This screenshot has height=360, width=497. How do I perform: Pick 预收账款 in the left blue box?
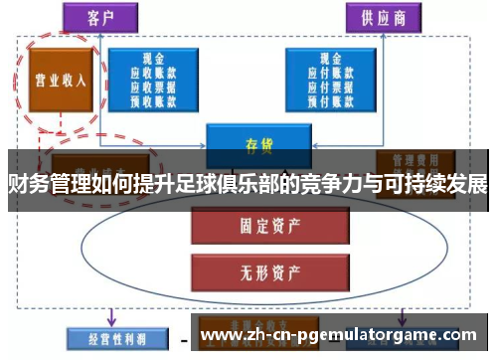(155, 100)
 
